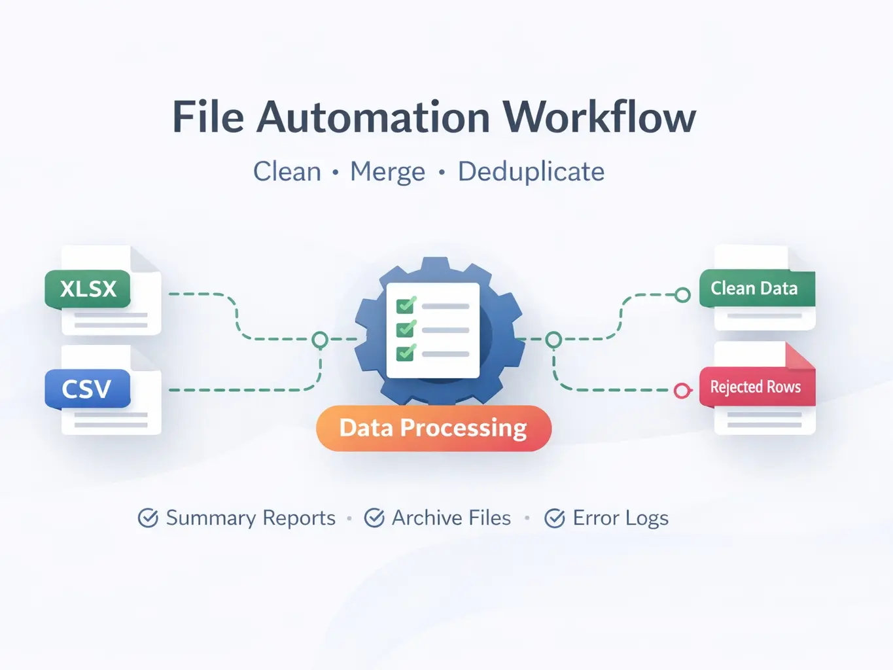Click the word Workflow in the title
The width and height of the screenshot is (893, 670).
(x=599, y=118)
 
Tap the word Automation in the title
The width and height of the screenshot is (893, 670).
(x=373, y=118)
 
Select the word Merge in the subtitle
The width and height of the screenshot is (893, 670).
(x=387, y=172)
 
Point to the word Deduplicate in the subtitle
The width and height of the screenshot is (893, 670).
(x=531, y=172)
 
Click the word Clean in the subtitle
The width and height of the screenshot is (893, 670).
(x=287, y=172)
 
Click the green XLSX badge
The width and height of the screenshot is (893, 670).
(x=88, y=289)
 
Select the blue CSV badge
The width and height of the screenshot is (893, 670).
(x=87, y=389)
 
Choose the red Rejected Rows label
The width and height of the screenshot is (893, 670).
(x=756, y=387)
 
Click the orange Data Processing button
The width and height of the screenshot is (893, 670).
(x=433, y=428)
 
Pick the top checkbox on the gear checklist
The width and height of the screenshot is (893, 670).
(x=406, y=306)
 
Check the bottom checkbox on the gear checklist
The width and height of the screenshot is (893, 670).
(x=406, y=353)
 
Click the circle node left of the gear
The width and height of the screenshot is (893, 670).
(x=320, y=340)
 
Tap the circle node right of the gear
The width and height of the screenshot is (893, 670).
(x=553, y=340)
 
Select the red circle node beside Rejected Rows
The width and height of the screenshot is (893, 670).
(x=682, y=391)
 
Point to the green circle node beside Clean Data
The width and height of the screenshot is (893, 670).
(x=682, y=295)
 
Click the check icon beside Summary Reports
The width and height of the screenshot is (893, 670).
(x=148, y=518)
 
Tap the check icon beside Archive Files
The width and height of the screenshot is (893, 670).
(x=374, y=518)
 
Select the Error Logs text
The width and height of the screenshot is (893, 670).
(x=620, y=518)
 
